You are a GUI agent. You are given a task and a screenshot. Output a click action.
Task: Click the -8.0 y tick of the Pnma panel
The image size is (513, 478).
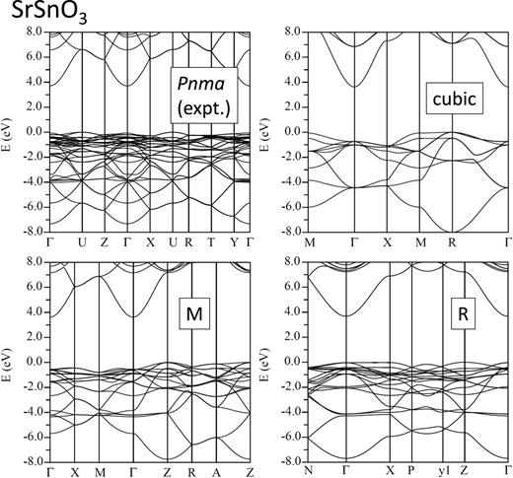tap(36, 232)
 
